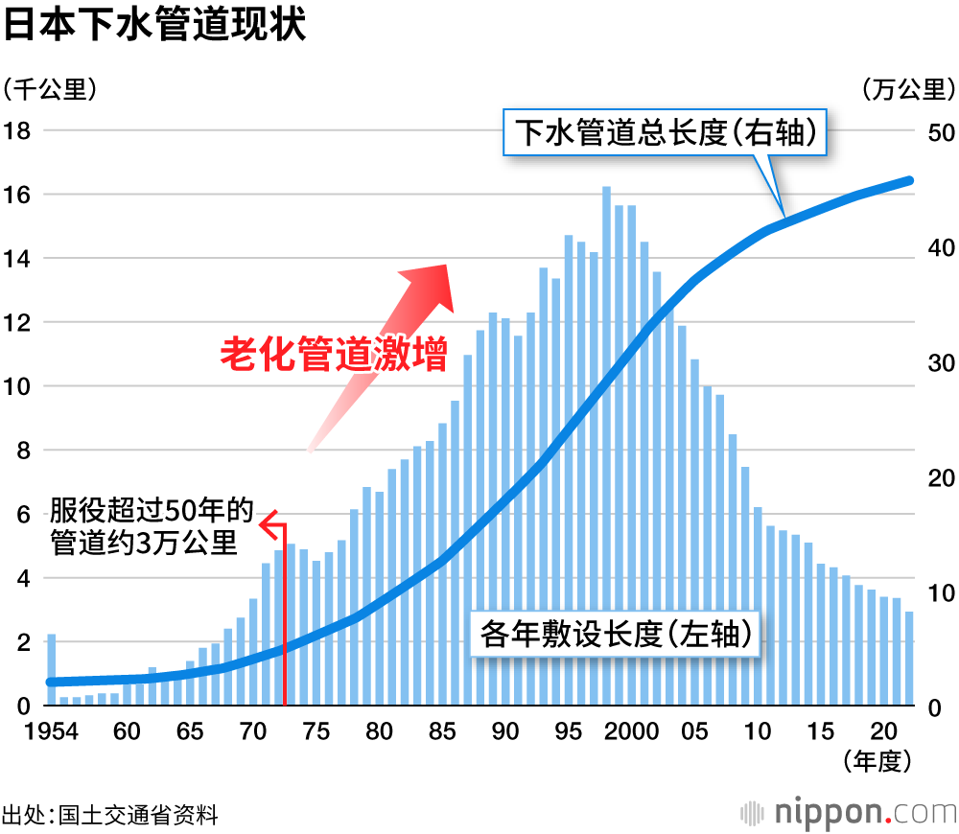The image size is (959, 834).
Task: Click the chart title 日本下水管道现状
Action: click(154, 26)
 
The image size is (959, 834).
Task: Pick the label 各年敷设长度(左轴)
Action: click(615, 634)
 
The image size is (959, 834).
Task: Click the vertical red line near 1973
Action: click(285, 614)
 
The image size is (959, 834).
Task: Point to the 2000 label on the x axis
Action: click(631, 732)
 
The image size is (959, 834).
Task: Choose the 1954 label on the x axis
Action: click(52, 732)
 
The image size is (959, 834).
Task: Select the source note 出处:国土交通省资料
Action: click(110, 816)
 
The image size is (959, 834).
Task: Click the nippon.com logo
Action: click(849, 813)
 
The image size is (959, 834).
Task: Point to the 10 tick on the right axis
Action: click(941, 592)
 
